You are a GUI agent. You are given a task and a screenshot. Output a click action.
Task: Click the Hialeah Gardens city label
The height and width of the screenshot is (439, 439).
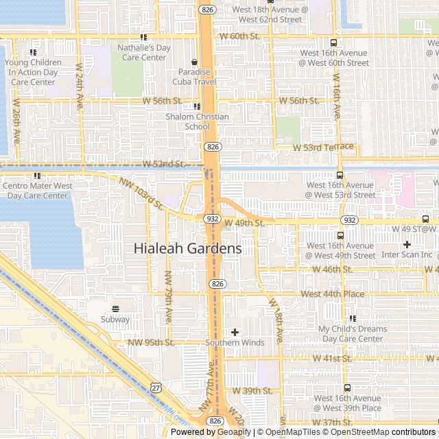click(187, 248)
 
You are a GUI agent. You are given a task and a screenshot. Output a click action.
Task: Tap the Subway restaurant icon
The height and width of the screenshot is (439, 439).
click(115, 309)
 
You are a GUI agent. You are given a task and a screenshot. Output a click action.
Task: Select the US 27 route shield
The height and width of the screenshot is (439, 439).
click(156, 388)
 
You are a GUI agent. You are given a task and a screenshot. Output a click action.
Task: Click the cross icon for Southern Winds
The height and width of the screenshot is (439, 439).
click(235, 332)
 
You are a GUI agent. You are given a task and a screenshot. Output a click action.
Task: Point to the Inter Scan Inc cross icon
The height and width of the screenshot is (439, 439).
click(407, 244)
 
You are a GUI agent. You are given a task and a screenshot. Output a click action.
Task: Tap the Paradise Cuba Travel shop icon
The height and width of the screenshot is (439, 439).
click(194, 62)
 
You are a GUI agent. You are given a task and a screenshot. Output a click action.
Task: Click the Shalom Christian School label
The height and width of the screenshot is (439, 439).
click(197, 121)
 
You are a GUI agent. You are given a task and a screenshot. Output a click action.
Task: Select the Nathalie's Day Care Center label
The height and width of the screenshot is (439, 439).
click(143, 53)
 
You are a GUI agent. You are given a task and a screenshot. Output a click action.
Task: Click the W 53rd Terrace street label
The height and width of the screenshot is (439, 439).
click(323, 147)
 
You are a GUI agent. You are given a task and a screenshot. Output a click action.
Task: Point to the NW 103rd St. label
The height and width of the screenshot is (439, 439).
click(140, 193)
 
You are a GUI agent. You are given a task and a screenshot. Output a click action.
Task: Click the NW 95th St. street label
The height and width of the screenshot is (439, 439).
click(151, 342)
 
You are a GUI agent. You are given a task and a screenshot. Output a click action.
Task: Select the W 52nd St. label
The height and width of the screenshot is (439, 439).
click(164, 165)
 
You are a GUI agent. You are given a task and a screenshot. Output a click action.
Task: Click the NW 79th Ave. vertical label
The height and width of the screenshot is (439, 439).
click(168, 297)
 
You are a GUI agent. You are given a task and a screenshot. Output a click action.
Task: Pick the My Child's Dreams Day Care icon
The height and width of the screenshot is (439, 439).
click(353, 318)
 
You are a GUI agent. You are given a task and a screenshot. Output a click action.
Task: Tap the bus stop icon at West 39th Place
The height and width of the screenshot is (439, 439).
click(347, 388)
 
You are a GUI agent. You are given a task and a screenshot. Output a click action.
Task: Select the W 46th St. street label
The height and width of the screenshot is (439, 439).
click(332, 270)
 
